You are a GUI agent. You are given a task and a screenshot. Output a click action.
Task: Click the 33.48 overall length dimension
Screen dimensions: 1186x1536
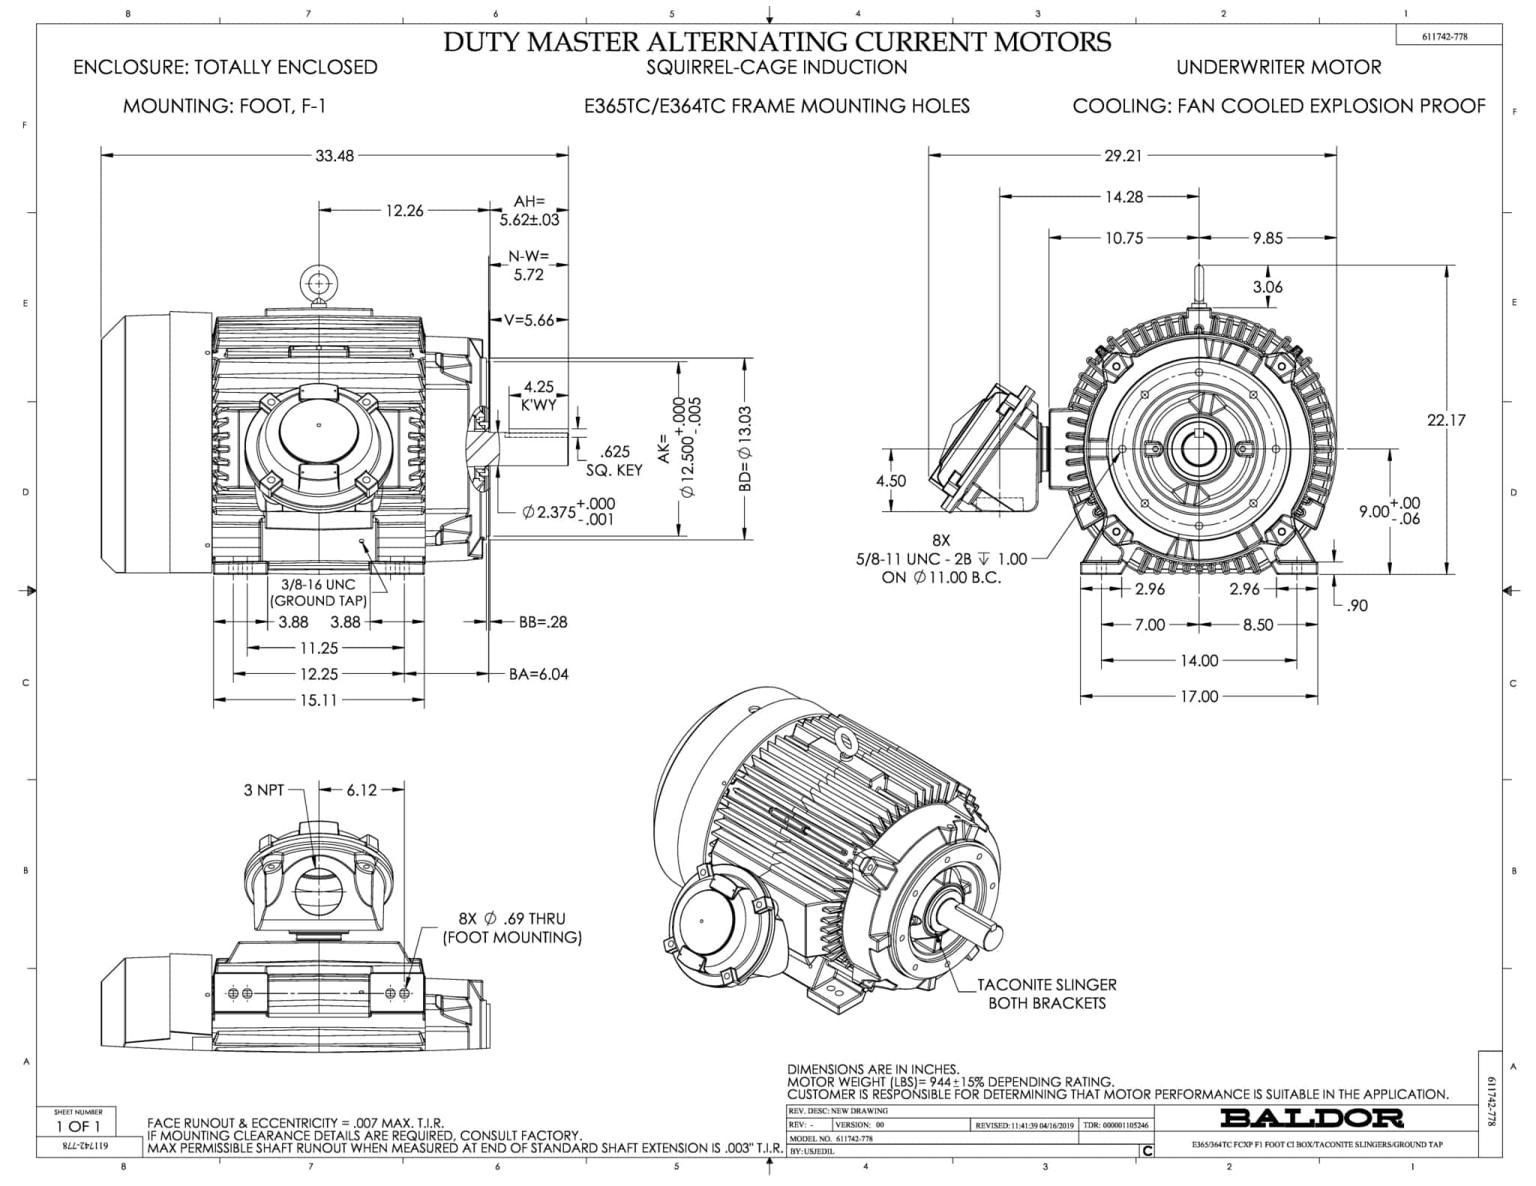334,156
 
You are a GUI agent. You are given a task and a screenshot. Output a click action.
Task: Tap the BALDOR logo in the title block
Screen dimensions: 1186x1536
1312,1119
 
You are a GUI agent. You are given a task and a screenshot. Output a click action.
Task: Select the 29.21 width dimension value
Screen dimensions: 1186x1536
1123,156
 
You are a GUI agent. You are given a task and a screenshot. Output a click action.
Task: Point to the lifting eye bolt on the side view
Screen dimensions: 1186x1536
319,285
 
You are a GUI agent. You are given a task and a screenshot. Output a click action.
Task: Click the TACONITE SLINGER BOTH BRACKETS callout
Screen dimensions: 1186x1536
1046,994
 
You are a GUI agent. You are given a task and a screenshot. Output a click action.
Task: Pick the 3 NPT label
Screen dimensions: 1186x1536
264,790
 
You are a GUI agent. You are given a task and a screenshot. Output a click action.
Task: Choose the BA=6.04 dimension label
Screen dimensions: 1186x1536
538,675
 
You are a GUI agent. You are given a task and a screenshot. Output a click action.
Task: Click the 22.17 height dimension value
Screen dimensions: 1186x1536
1445,420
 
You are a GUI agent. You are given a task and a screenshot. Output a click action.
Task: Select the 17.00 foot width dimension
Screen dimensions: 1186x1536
1198,696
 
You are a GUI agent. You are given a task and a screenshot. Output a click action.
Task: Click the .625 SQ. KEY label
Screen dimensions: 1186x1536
614,461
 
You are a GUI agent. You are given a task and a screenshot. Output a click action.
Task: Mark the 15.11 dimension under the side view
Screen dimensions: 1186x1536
319,700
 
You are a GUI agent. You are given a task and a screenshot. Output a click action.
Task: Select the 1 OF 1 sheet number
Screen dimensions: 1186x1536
78,1126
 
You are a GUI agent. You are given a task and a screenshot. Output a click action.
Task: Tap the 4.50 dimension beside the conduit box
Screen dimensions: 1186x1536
890,481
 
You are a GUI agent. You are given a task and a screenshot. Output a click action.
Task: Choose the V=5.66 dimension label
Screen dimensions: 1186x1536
529,321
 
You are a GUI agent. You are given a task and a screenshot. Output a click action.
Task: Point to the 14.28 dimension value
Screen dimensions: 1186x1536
1123,197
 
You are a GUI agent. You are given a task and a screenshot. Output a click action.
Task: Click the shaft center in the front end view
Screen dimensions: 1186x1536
1199,449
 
